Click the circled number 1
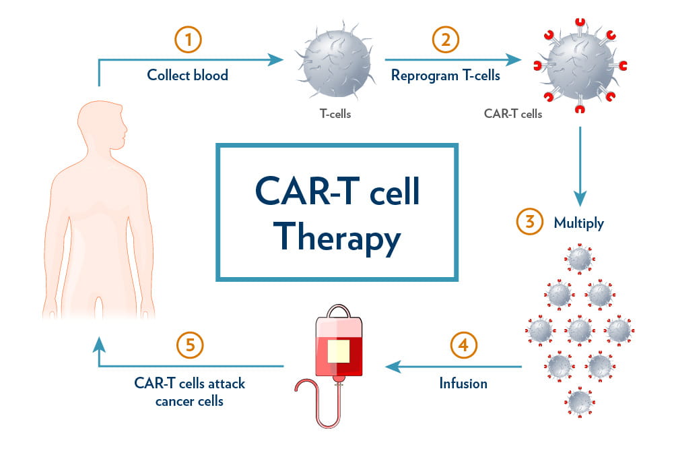(188, 40)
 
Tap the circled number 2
(445, 40)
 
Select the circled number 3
(529, 222)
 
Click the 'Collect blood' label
(188, 75)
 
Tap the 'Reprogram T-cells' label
(446, 75)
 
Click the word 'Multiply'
(578, 222)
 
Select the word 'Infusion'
(463, 383)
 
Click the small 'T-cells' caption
(335, 114)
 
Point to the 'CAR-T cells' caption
(513, 114)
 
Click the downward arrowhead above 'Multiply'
(580, 198)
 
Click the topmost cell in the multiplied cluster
(579, 258)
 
